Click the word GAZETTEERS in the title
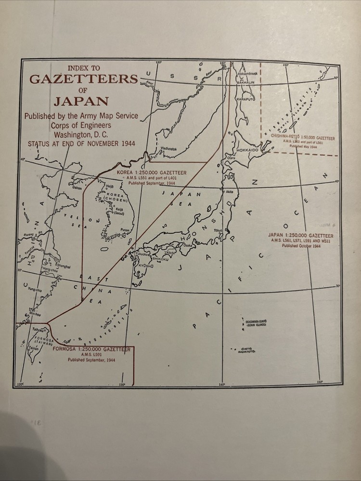(x=84, y=79)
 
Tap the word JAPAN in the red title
(x=81, y=102)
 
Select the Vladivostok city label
(x=168, y=149)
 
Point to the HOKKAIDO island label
(x=247, y=151)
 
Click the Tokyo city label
(x=219, y=231)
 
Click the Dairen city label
(x=77, y=188)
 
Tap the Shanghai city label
(x=63, y=266)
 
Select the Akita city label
(x=230, y=191)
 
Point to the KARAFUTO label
(x=245, y=99)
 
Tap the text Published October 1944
(x=301, y=246)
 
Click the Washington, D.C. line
(x=81, y=134)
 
